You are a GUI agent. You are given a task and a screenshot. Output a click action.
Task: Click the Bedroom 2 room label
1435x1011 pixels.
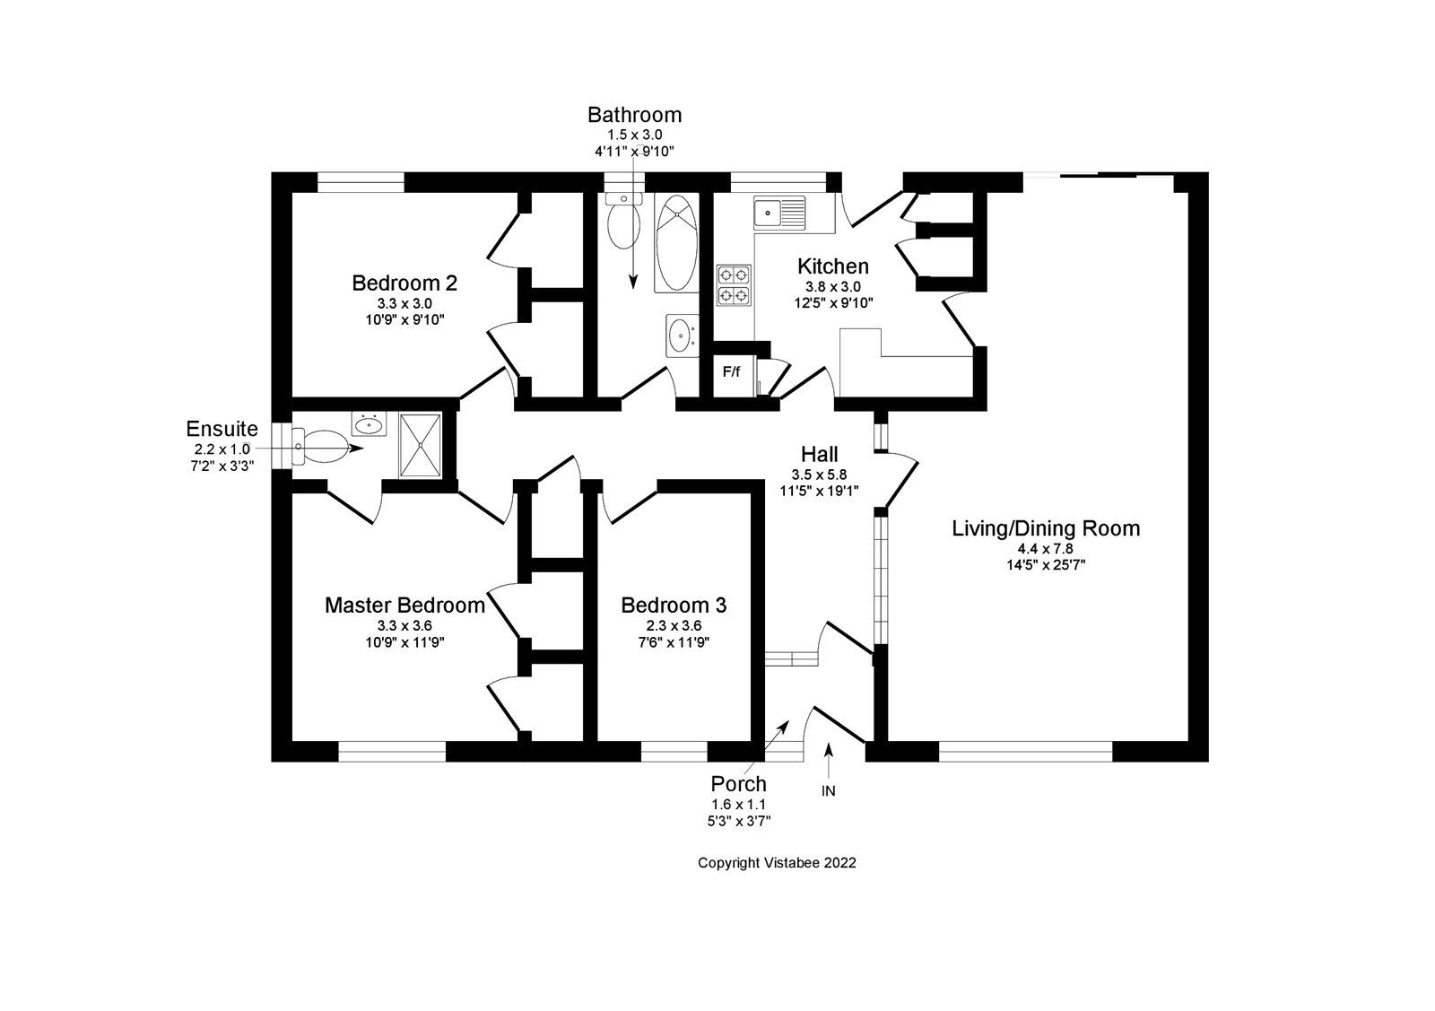coord(404,283)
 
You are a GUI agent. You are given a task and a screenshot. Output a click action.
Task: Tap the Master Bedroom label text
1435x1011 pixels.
coord(404,606)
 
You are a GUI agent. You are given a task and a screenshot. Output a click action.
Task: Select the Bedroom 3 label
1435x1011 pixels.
coord(674,606)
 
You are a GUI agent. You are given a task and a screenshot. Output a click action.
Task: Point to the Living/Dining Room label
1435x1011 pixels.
coord(1046,528)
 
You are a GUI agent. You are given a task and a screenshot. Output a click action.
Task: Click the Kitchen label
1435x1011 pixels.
coord(833,266)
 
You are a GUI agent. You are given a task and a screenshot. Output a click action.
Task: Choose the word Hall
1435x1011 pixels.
coord(820,454)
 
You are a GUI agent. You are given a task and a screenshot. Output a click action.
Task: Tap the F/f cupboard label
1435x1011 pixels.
coord(732,371)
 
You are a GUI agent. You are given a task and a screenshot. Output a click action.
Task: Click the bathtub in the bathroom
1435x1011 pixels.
coord(675,243)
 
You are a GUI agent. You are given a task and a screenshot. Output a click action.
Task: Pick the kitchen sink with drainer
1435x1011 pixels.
coord(779,214)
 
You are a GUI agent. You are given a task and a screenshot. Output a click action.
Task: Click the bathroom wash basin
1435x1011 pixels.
coord(682,336)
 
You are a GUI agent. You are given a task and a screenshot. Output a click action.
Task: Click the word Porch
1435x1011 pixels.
coord(739,784)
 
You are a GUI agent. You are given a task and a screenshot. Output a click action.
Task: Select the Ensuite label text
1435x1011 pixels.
coord(222,429)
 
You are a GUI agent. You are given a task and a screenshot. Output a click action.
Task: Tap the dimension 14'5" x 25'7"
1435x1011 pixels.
coord(1046,564)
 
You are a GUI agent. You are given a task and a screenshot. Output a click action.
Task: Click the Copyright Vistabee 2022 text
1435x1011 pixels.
coord(777,863)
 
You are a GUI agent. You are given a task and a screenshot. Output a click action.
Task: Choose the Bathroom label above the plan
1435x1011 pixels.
coord(634,115)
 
